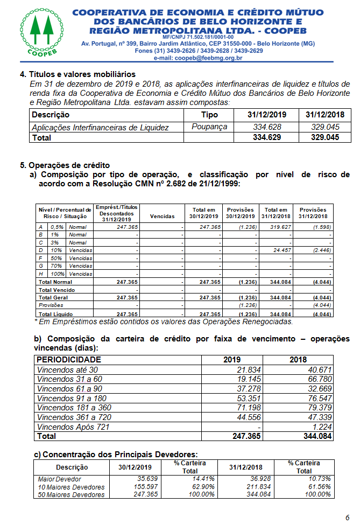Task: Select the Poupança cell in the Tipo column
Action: coord(209,127)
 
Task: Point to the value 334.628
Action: coord(267,127)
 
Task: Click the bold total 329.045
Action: coord(326,137)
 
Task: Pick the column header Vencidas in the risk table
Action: coord(162,216)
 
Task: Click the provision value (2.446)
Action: coord(319,250)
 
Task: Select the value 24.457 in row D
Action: coord(280,250)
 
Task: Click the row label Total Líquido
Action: coord(56,314)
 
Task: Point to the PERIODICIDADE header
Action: coord(68,360)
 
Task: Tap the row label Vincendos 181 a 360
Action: coord(74,407)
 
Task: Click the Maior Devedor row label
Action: coord(60,479)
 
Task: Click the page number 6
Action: coord(347,518)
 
